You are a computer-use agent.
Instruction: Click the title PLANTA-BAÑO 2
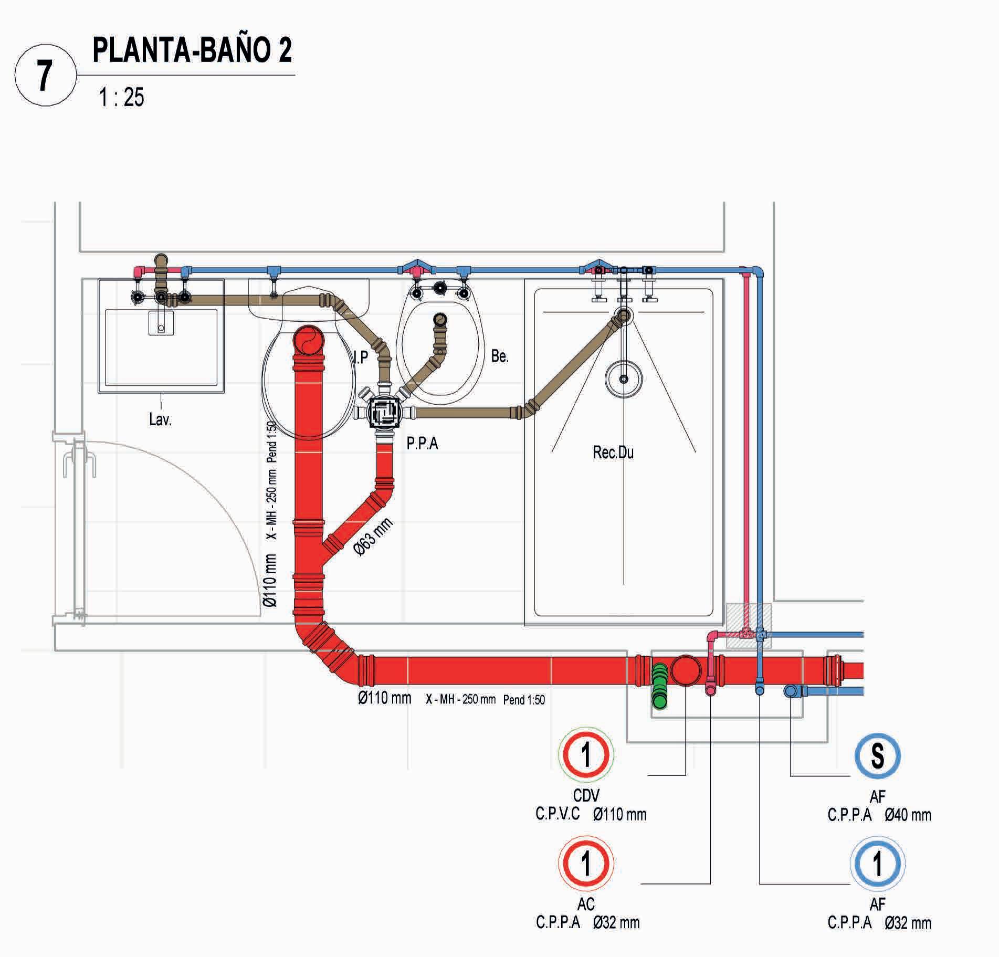tap(192, 50)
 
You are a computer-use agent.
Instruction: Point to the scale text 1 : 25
tap(121, 97)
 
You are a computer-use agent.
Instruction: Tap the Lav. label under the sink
tap(160, 419)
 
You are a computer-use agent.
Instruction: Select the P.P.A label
tap(422, 444)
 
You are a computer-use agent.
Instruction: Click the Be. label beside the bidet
tap(499, 356)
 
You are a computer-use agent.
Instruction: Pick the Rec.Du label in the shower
tap(613, 452)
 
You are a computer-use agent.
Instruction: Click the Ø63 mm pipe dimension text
tap(373, 537)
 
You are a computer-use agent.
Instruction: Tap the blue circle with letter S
tap(877, 756)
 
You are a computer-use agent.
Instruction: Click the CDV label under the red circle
tap(586, 796)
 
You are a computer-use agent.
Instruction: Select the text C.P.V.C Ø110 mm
tap(591, 814)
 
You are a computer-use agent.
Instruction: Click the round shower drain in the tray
tap(624, 378)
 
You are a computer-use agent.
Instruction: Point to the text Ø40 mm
tap(908, 815)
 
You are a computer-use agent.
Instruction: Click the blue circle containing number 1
tap(877, 864)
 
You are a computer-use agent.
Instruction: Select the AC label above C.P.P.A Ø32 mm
tap(586, 903)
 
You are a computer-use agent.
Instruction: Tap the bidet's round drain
tap(440, 319)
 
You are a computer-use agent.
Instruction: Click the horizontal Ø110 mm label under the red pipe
tap(384, 699)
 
